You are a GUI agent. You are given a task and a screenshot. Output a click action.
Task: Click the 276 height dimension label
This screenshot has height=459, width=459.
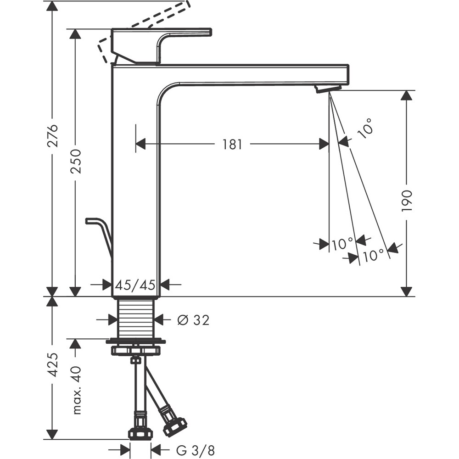click(54, 135)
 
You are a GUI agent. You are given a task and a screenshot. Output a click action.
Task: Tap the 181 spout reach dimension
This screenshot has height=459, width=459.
click(232, 144)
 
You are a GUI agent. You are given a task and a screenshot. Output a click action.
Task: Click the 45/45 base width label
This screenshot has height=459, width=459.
click(135, 285)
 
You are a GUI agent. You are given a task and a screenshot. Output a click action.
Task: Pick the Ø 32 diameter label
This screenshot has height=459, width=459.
click(193, 320)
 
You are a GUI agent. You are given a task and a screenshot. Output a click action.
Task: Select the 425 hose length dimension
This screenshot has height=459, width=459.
click(54, 364)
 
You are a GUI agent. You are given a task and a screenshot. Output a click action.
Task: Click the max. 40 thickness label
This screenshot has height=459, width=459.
click(76, 390)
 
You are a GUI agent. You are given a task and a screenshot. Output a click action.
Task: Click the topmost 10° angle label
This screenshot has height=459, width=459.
click(365, 128)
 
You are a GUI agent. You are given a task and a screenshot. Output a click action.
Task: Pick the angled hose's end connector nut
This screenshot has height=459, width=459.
click(175, 426)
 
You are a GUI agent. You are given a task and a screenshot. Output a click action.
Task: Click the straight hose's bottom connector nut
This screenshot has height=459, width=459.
click(140, 432)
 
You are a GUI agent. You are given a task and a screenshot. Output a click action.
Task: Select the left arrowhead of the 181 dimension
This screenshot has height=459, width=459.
click(140, 144)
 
